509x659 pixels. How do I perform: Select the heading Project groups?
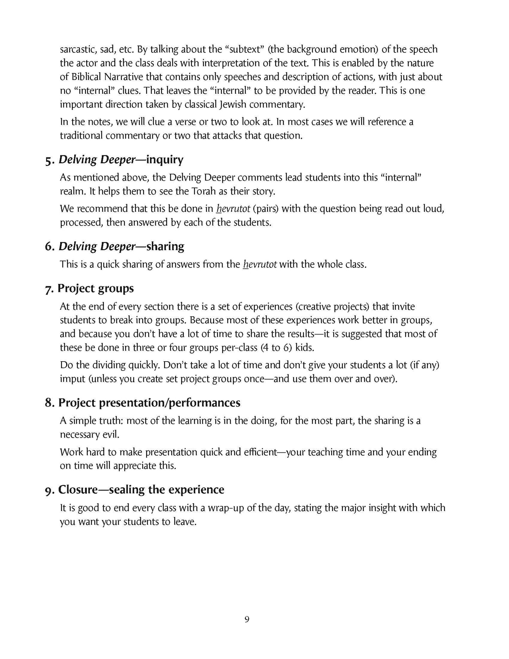click(95, 288)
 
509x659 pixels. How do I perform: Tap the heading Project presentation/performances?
click(149, 402)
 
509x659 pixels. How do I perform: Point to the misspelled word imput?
click(73, 379)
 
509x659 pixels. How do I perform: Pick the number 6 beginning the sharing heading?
click(49, 246)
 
